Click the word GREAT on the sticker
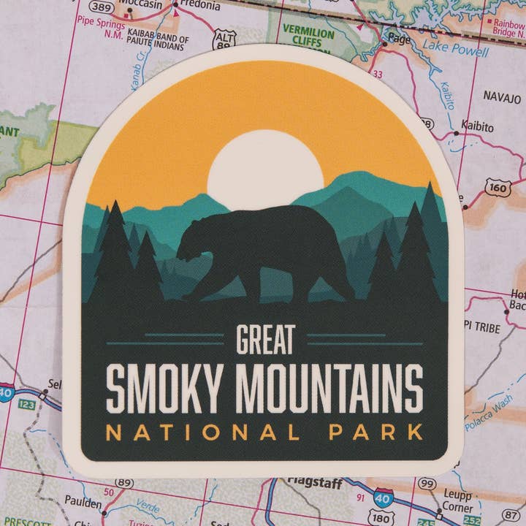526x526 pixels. (265, 339)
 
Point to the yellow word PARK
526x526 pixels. (376, 432)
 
